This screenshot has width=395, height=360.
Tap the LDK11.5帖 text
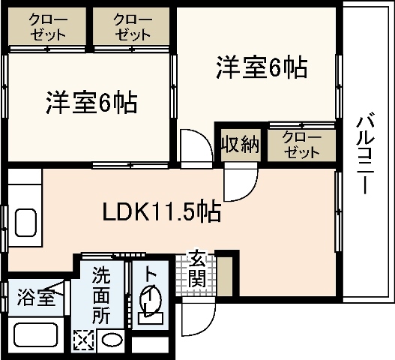tap(161, 212)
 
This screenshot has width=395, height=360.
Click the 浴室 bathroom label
tap(35, 297)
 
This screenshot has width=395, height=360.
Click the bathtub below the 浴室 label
tap(37, 335)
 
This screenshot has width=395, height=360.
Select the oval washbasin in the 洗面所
tap(112, 340)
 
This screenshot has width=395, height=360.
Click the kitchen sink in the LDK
tap(26, 223)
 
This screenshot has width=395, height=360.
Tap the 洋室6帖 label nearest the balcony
tap(261, 68)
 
